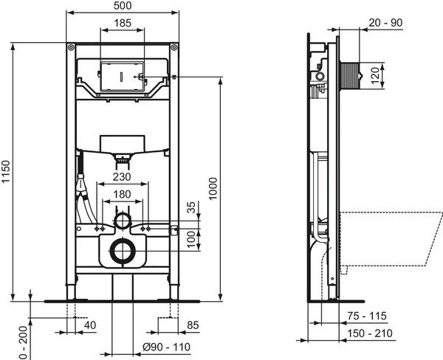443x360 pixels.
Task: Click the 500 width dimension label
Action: pyautogui.click(x=123, y=6)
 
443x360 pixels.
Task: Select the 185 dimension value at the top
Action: pyautogui.click(x=123, y=23)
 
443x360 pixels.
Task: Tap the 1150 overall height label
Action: pyautogui.click(x=6, y=172)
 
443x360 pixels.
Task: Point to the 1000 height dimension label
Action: pyautogui.click(x=213, y=188)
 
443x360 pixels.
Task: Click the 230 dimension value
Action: pyautogui.click(x=122, y=177)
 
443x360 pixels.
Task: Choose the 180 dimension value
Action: pyautogui.click(x=122, y=195)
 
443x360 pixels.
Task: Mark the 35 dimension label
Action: pyautogui.click(x=191, y=207)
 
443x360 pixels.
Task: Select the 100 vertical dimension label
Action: pyautogui.click(x=191, y=240)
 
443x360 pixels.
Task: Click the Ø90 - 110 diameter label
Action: pyautogui.click(x=166, y=347)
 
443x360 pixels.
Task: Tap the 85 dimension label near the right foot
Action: pyautogui.click(x=193, y=325)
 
